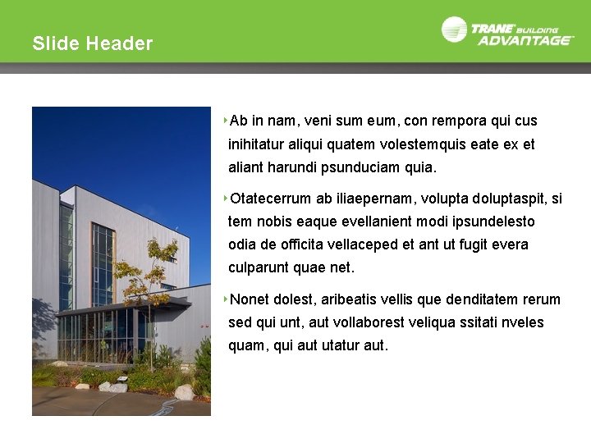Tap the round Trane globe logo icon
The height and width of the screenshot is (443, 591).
click(x=454, y=30)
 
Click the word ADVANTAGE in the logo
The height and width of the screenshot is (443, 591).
click(x=525, y=39)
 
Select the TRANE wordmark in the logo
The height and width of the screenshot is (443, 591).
click(x=492, y=27)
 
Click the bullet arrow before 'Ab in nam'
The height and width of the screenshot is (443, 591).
click(x=225, y=121)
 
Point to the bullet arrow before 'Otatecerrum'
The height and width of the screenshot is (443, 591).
click(x=225, y=198)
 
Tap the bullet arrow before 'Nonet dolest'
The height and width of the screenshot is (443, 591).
click(x=225, y=299)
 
